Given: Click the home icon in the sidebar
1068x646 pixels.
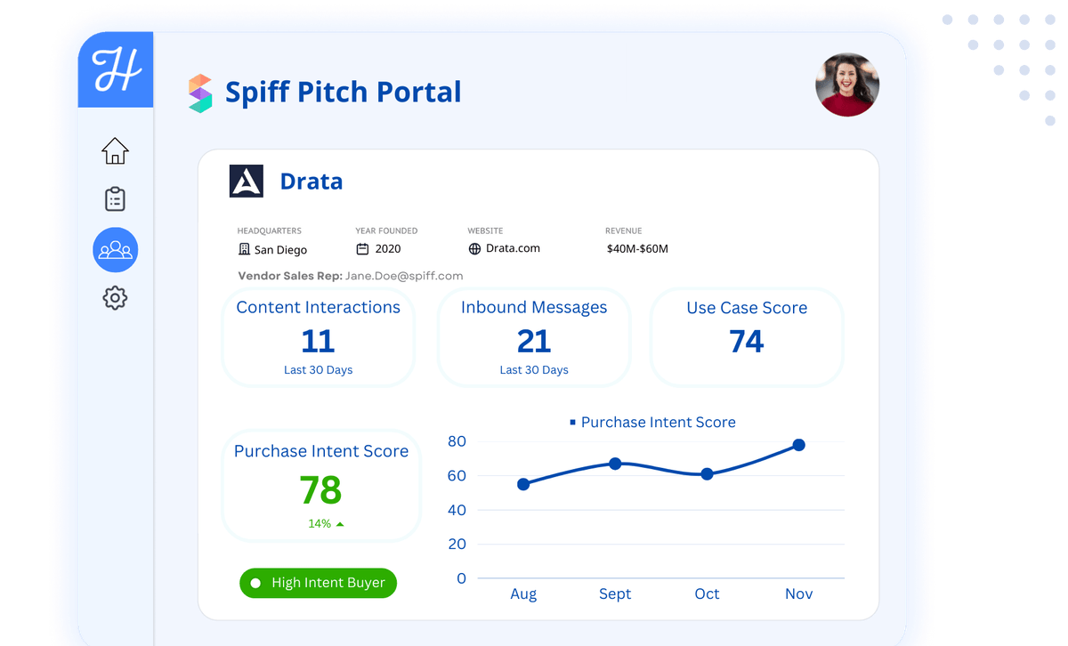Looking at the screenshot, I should pyautogui.click(x=115, y=150).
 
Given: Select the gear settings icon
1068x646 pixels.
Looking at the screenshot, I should pyautogui.click(x=115, y=297).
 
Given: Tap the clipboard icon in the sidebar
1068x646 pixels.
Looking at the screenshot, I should pyautogui.click(x=115, y=198).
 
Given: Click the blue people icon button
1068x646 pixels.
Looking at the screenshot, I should pyautogui.click(x=116, y=250).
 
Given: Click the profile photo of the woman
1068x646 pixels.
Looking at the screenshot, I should pyautogui.click(x=847, y=85).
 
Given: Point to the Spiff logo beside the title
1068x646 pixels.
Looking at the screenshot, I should pyautogui.click(x=200, y=93).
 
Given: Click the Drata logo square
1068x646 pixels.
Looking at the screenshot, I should pyautogui.click(x=247, y=181).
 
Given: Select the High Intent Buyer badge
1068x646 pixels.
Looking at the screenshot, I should pyautogui.click(x=318, y=583).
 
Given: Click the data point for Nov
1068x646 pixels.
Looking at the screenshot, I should pyautogui.click(x=799, y=445).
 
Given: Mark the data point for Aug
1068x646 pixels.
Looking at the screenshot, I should pyautogui.click(x=523, y=484).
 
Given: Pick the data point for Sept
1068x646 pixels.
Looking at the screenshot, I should pyautogui.click(x=615, y=464).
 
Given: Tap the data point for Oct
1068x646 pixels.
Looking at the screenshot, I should pyautogui.click(x=707, y=474).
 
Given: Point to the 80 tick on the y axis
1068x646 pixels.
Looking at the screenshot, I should pyautogui.click(x=457, y=441).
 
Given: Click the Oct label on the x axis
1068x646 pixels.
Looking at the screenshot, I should pyautogui.click(x=707, y=594).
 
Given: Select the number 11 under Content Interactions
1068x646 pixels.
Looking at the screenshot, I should pyautogui.click(x=318, y=342).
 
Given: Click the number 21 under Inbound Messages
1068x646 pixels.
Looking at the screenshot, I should pyautogui.click(x=534, y=342).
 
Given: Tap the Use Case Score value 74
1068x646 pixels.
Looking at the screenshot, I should pyautogui.click(x=747, y=342).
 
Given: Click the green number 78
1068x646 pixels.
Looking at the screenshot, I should pyautogui.click(x=320, y=490).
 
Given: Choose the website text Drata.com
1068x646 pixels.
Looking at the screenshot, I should pyautogui.click(x=513, y=248).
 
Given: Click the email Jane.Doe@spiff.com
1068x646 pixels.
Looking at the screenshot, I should pyautogui.click(x=404, y=276).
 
